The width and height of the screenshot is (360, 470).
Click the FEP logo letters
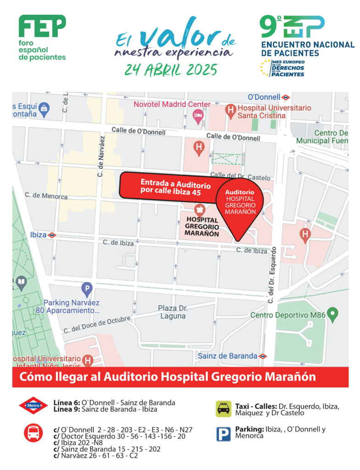pos(42,27)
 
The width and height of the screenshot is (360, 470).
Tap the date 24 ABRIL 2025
pos(170,70)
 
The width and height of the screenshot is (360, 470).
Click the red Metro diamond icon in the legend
pos(34,405)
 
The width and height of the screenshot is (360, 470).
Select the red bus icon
pos(34,432)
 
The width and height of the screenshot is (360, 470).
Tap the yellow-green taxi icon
pos(224,408)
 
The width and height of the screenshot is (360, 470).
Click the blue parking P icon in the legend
pos(224,434)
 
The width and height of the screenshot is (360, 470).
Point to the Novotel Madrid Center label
pos(172,104)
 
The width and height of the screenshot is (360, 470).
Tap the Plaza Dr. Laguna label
pos(173,312)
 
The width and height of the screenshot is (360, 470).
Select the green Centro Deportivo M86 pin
pos(334,314)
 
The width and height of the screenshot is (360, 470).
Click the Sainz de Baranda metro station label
pos(227,356)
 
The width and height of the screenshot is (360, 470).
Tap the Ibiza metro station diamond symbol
pos(52,235)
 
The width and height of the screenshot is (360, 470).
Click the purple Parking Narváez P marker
pos(86,289)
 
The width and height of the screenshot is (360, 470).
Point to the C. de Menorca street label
pos(46,196)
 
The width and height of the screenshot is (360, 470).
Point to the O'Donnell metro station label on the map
pos(264,97)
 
